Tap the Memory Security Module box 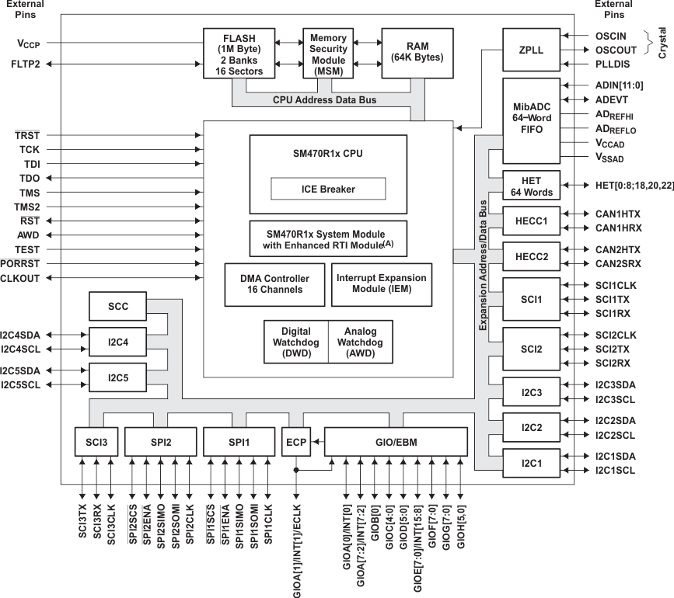tap(329, 52)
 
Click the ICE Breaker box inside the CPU tap(327, 188)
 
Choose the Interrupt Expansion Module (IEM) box tap(381, 284)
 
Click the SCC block tap(118, 307)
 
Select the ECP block tap(296, 442)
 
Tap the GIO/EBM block tap(396, 442)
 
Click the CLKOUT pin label tap(20, 278)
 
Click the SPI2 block tap(161, 442)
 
